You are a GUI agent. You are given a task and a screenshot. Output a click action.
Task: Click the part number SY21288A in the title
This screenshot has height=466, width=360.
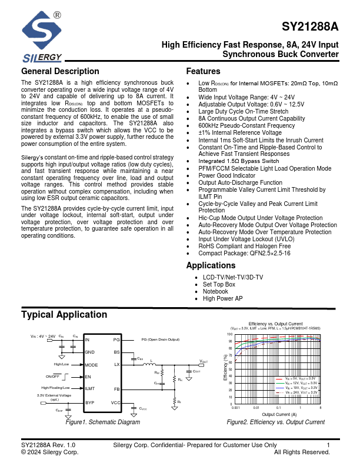point(310,27)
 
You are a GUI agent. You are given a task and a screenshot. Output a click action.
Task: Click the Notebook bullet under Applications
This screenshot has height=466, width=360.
point(215,291)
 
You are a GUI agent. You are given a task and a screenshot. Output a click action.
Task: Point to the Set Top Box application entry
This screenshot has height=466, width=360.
point(219,284)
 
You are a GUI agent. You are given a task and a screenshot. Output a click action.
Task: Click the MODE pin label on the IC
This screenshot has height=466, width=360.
point(92,365)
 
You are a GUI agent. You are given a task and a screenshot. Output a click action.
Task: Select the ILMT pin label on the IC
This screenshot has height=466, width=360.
point(91,388)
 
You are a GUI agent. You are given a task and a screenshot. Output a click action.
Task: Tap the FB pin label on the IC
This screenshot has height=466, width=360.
point(116,389)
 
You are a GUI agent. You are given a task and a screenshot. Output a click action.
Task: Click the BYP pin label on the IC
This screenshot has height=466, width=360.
point(90,402)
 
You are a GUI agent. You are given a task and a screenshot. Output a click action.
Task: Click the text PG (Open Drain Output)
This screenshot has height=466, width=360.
point(160,340)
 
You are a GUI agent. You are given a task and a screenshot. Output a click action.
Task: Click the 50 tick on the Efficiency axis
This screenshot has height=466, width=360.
point(231,369)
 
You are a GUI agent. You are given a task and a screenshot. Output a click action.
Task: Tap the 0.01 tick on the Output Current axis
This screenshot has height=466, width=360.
point(256,407)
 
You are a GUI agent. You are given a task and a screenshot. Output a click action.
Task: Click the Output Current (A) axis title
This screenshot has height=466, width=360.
point(279,414)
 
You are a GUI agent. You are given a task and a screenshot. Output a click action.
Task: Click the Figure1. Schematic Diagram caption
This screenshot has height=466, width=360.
point(102,422)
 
